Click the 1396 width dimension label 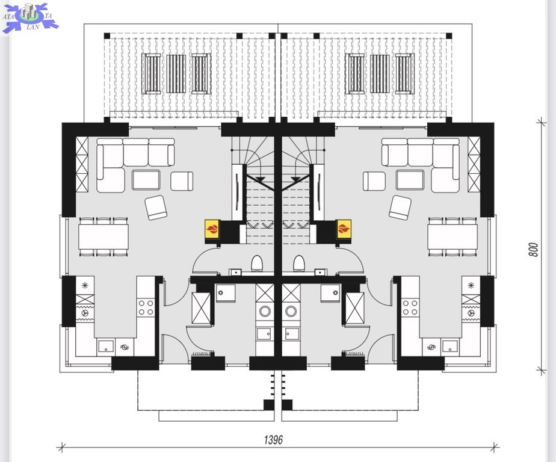pyautogui.click(x=273, y=440)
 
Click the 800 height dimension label pyautogui.click(x=533, y=250)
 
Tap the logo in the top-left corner pyautogui.click(x=29, y=17)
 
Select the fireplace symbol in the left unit pyautogui.click(x=212, y=229)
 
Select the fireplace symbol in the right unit pyautogui.click(x=343, y=229)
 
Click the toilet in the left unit pyautogui.click(x=257, y=263)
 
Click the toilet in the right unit pyautogui.click(x=298, y=263)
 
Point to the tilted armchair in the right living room pyautogui.click(x=400, y=208)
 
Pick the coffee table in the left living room pyautogui.click(x=146, y=180)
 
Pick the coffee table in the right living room pyautogui.click(x=410, y=180)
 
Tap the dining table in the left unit pyautogui.click(x=103, y=236)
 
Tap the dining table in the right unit pyautogui.click(x=453, y=236)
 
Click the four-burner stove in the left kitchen pyautogui.click(x=146, y=307)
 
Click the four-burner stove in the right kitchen pyautogui.click(x=410, y=307)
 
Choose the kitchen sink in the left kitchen pyautogui.click(x=106, y=346)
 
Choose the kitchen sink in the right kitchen pyautogui.click(x=449, y=346)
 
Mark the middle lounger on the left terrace pyautogui.click(x=176, y=74)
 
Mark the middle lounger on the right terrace pyautogui.click(x=380, y=74)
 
